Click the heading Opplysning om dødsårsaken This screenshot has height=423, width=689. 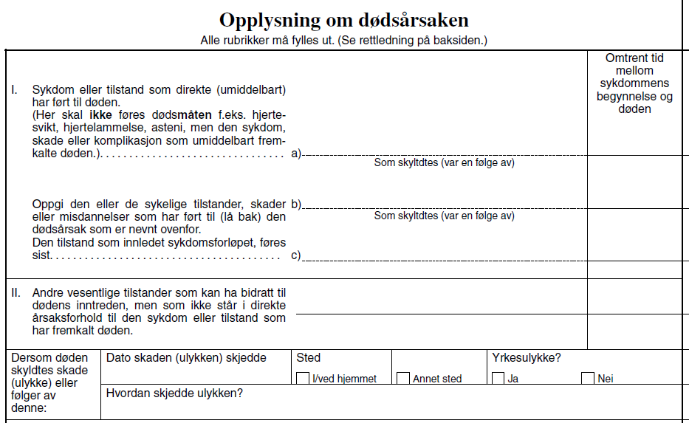point(344,21)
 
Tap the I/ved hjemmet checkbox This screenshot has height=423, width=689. point(302,378)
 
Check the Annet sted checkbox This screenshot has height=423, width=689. point(403,378)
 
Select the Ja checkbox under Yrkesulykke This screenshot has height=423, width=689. point(498,378)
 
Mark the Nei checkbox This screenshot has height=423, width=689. point(588,378)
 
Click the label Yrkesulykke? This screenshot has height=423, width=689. point(526,358)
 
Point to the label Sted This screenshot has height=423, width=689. point(308,358)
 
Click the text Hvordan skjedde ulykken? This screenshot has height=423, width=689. point(174,393)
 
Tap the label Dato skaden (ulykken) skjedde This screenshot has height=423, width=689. point(186,358)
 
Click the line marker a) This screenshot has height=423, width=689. point(296,154)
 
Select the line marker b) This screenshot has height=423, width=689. point(296,203)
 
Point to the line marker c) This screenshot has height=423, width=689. point(296,256)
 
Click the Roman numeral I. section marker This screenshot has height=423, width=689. point(14,90)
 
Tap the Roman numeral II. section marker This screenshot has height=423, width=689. point(16,292)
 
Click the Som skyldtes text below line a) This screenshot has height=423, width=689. point(444,162)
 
